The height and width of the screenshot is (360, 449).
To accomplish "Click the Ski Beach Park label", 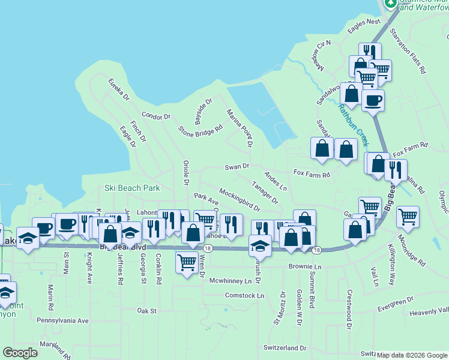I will click(132, 188).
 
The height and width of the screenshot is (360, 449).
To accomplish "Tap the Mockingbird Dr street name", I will click(239, 200).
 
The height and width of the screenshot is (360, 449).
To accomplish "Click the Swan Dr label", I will click(237, 166).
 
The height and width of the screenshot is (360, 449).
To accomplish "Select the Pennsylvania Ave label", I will click(62, 320).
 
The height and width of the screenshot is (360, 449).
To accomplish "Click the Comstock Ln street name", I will click(244, 296).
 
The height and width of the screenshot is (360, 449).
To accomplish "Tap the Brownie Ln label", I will click(305, 266).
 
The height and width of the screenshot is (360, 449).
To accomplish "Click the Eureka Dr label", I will click(118, 89).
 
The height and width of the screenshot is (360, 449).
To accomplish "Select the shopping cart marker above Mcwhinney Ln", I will click(187, 261).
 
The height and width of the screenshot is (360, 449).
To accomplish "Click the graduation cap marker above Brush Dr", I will click(260, 245).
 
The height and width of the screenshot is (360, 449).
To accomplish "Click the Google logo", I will click(20, 353).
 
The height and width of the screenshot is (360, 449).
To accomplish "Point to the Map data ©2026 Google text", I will click(412, 355).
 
